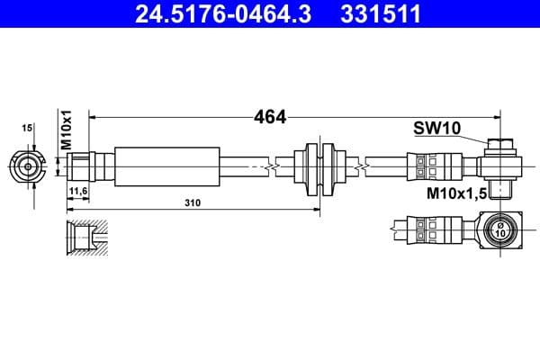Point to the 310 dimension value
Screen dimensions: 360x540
[x=193, y=202]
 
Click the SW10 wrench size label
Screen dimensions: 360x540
[x=436, y=129]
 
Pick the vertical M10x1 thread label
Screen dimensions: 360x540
[x=65, y=131]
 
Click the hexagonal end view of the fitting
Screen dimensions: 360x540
[x=29, y=166]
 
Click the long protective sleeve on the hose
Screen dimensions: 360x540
[x=166, y=166]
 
